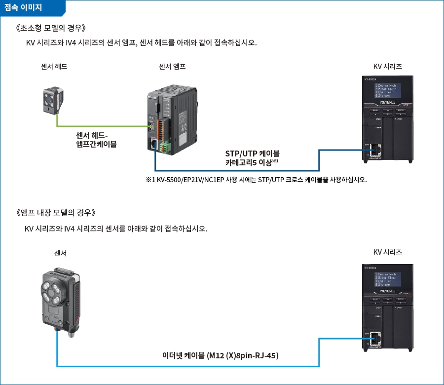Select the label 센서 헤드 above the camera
pyautogui.click(x=54, y=66)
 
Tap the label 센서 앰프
pyautogui.click(x=172, y=66)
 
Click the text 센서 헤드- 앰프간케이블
pyautogui.click(x=96, y=140)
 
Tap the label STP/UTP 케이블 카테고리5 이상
pyautogui.click(x=252, y=157)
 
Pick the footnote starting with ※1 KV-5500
pyautogui.click(x=256, y=179)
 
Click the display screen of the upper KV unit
pyautogui.click(x=388, y=90)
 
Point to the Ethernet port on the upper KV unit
pyautogui.click(x=376, y=149)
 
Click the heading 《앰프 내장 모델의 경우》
pyautogui.click(x=58, y=213)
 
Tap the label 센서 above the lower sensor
pyautogui.click(x=60, y=253)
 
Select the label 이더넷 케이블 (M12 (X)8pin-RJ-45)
pyautogui.click(x=221, y=355)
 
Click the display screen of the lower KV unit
pyautogui.click(x=388, y=278)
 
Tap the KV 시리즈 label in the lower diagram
pyautogui.click(x=387, y=252)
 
